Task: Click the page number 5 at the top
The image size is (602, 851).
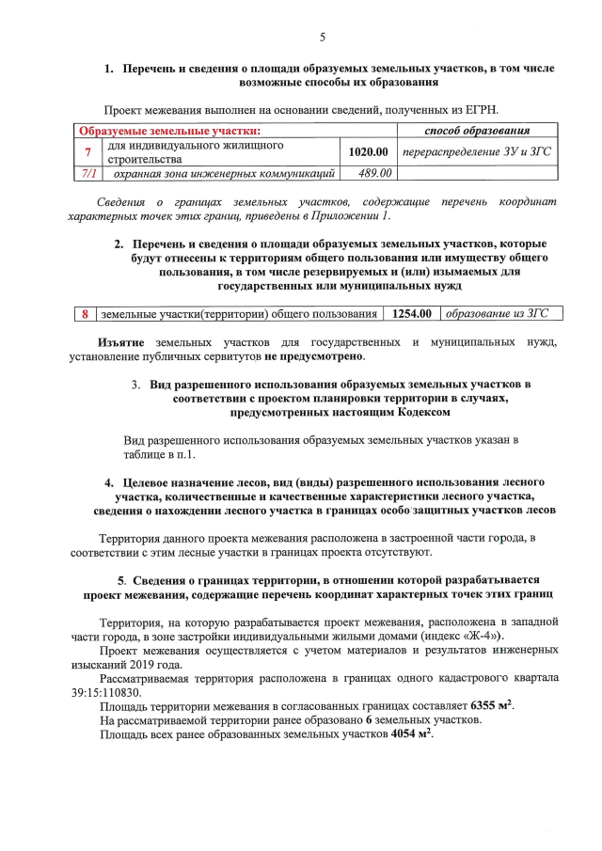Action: point(322,38)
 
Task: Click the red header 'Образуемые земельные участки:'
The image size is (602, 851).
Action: point(169,130)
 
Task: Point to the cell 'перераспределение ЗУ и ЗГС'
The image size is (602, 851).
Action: point(476,151)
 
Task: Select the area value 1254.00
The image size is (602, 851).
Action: point(411,313)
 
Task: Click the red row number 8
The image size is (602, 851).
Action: point(85,313)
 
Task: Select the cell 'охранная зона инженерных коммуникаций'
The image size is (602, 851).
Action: point(224,173)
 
